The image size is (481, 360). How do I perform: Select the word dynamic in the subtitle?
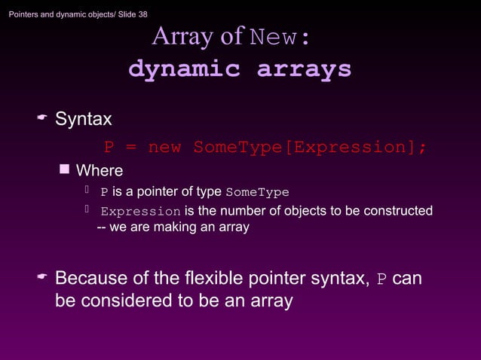184,69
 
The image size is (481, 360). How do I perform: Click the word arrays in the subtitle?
304,69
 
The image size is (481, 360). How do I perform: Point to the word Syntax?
84,119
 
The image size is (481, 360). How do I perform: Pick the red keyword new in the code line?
164,147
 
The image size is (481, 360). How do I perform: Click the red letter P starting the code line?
109,147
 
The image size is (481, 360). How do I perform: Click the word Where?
100,170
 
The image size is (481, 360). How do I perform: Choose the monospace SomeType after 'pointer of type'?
257,192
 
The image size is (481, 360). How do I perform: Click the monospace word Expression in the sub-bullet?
141,211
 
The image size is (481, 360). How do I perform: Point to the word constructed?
398,211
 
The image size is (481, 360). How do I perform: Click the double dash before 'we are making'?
103,227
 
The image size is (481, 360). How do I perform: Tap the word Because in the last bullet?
91,279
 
